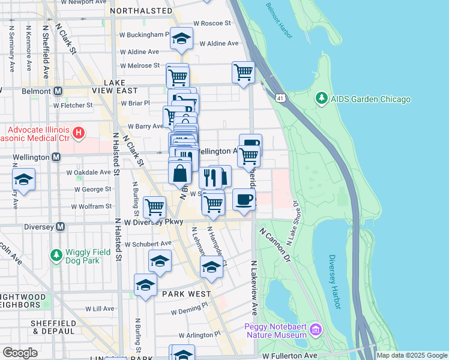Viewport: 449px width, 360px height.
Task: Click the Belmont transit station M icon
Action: (x=58, y=91)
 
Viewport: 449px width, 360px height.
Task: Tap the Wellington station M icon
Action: (x=56, y=157)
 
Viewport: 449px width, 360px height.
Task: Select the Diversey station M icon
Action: (x=59, y=227)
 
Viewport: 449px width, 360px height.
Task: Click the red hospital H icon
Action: (x=77, y=132)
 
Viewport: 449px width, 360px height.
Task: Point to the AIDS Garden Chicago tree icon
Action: (x=322, y=98)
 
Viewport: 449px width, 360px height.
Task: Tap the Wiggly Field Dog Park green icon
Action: (x=56, y=256)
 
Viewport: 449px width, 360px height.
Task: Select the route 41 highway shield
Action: (x=280, y=97)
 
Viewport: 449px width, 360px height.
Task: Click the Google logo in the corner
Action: (x=20, y=353)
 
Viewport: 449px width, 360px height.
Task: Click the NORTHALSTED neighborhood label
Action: (x=140, y=11)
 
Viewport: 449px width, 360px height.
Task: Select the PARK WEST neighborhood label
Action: (x=186, y=294)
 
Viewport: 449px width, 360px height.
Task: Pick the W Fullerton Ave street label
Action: (x=291, y=356)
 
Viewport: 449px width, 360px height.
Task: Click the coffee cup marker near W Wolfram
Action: (x=243, y=199)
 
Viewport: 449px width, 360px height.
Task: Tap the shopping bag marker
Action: (x=180, y=173)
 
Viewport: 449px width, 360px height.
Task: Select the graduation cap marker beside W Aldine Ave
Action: (x=181, y=38)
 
